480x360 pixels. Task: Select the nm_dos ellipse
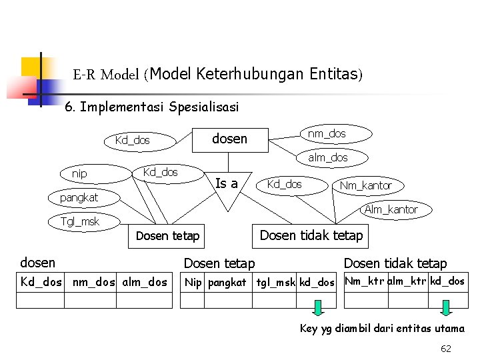click(x=327, y=133)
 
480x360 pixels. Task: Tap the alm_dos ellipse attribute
click(x=327, y=157)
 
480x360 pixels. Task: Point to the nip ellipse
click(x=79, y=173)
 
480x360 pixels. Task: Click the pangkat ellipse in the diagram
click(x=79, y=197)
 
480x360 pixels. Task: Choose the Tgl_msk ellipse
click(x=79, y=221)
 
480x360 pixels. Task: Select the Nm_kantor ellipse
click(x=365, y=185)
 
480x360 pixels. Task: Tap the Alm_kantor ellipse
click(x=391, y=209)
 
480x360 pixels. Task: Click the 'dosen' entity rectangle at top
click(x=229, y=139)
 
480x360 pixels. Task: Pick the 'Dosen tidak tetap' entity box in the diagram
click(x=311, y=235)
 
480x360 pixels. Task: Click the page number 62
click(x=446, y=348)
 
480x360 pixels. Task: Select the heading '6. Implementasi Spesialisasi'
click(x=151, y=107)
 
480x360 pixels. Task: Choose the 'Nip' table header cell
click(x=193, y=282)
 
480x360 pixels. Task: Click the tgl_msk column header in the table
click(x=276, y=282)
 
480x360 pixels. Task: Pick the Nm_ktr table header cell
click(x=365, y=281)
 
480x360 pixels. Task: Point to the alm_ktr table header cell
click(x=408, y=281)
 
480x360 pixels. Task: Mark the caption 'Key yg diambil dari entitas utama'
click(x=382, y=329)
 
